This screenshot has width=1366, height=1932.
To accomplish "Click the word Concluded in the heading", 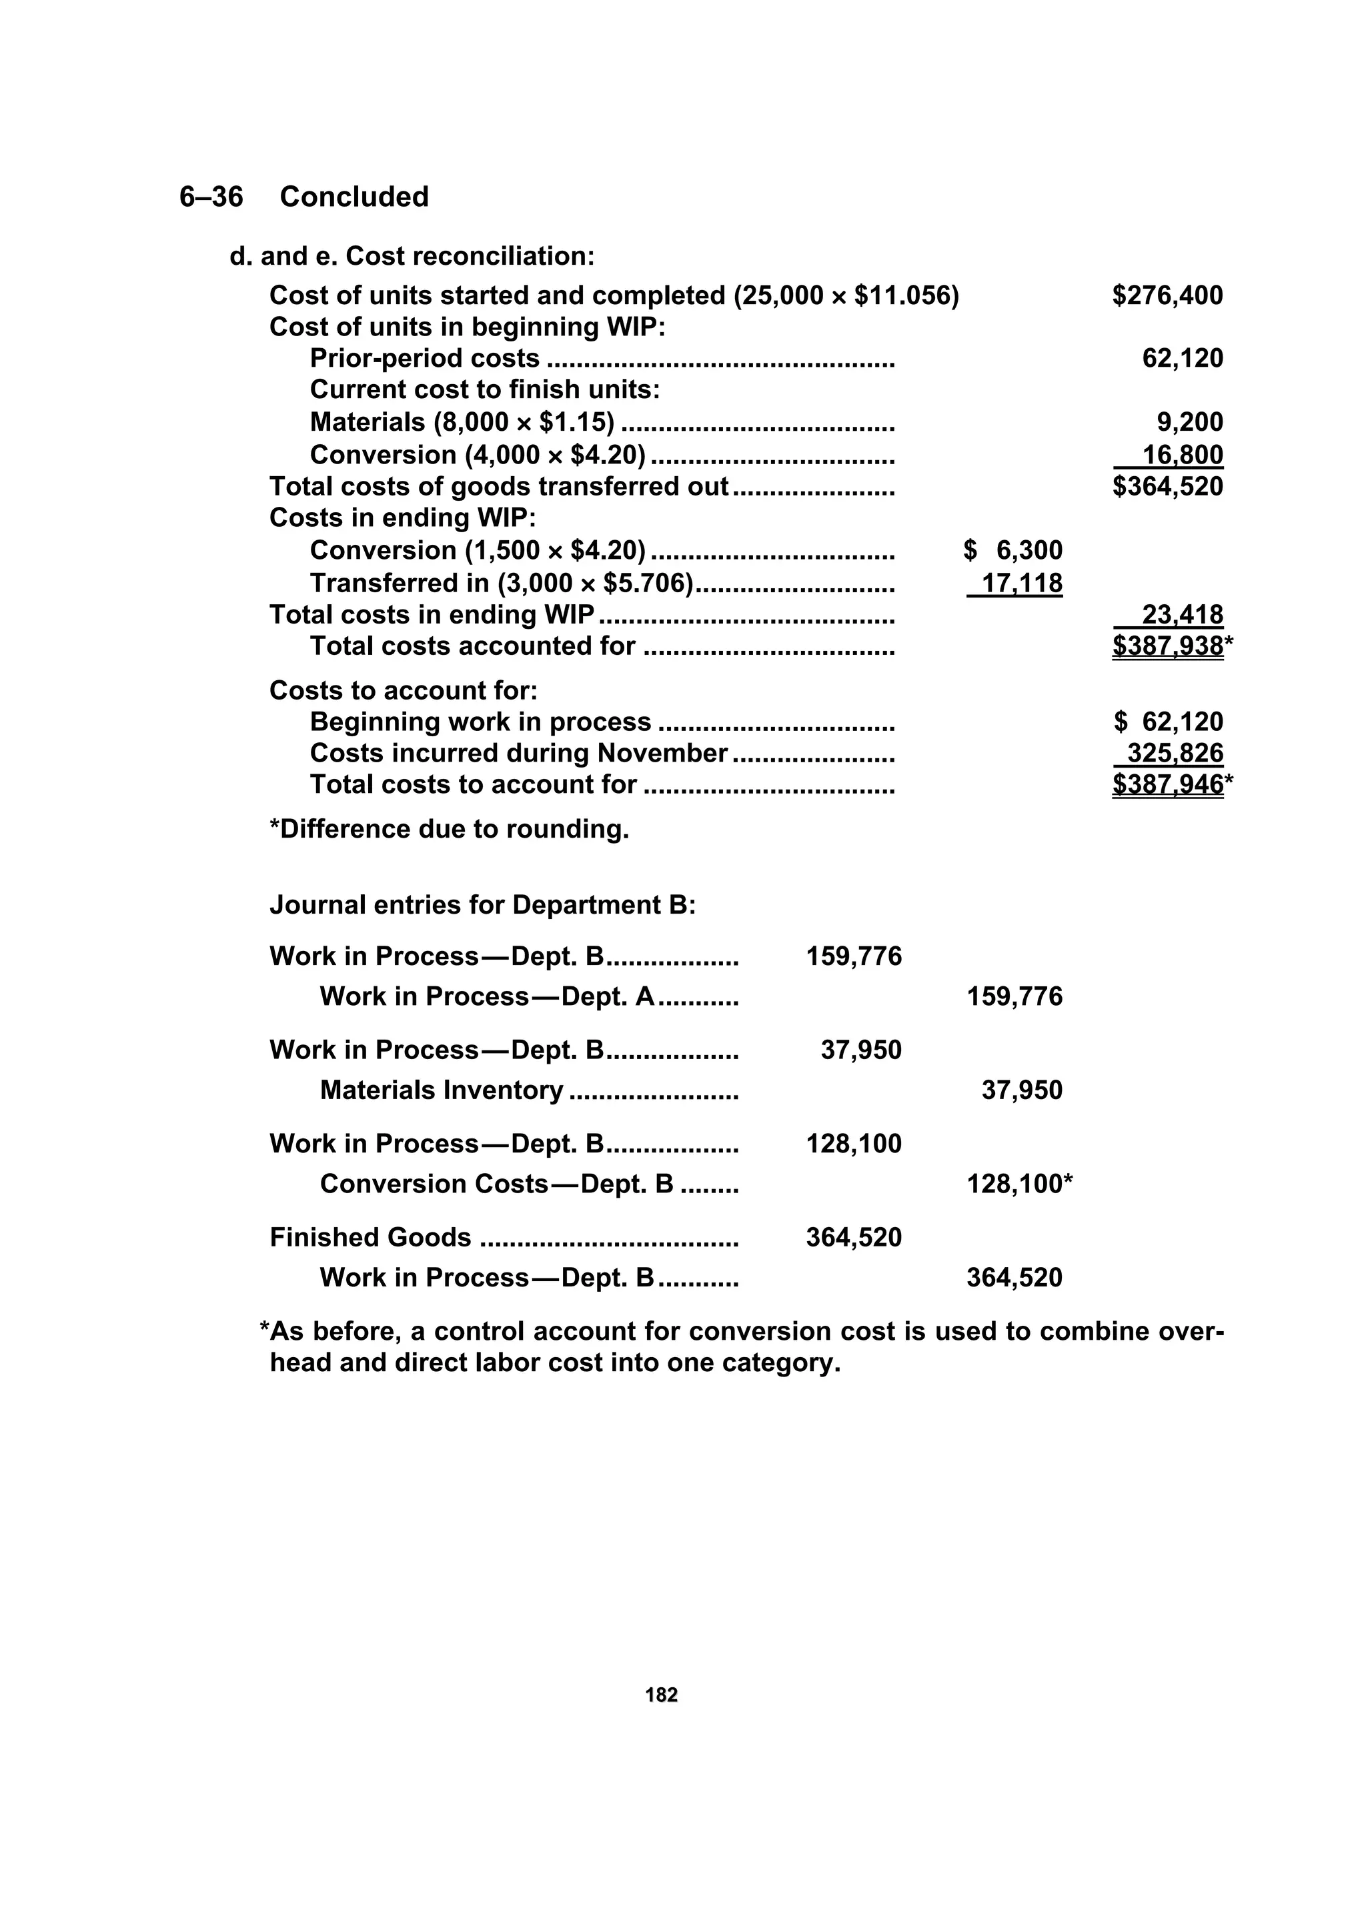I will point(354,197).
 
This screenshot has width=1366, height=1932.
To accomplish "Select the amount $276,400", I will point(1167,295).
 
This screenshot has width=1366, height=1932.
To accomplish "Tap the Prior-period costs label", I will point(424,359).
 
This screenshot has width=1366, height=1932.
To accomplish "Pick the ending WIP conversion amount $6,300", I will point(1012,550).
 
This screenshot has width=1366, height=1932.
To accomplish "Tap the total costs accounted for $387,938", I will point(1167,646).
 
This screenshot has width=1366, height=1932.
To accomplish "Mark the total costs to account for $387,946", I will point(1167,784).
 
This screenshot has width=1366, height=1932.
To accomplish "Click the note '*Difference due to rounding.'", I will point(449,830).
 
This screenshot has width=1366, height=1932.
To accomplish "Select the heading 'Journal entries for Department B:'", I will point(482,906).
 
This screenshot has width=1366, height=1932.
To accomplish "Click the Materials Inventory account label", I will point(441,1090).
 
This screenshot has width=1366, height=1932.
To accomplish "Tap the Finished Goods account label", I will point(370,1238).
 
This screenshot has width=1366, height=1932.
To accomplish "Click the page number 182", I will point(661,1695).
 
